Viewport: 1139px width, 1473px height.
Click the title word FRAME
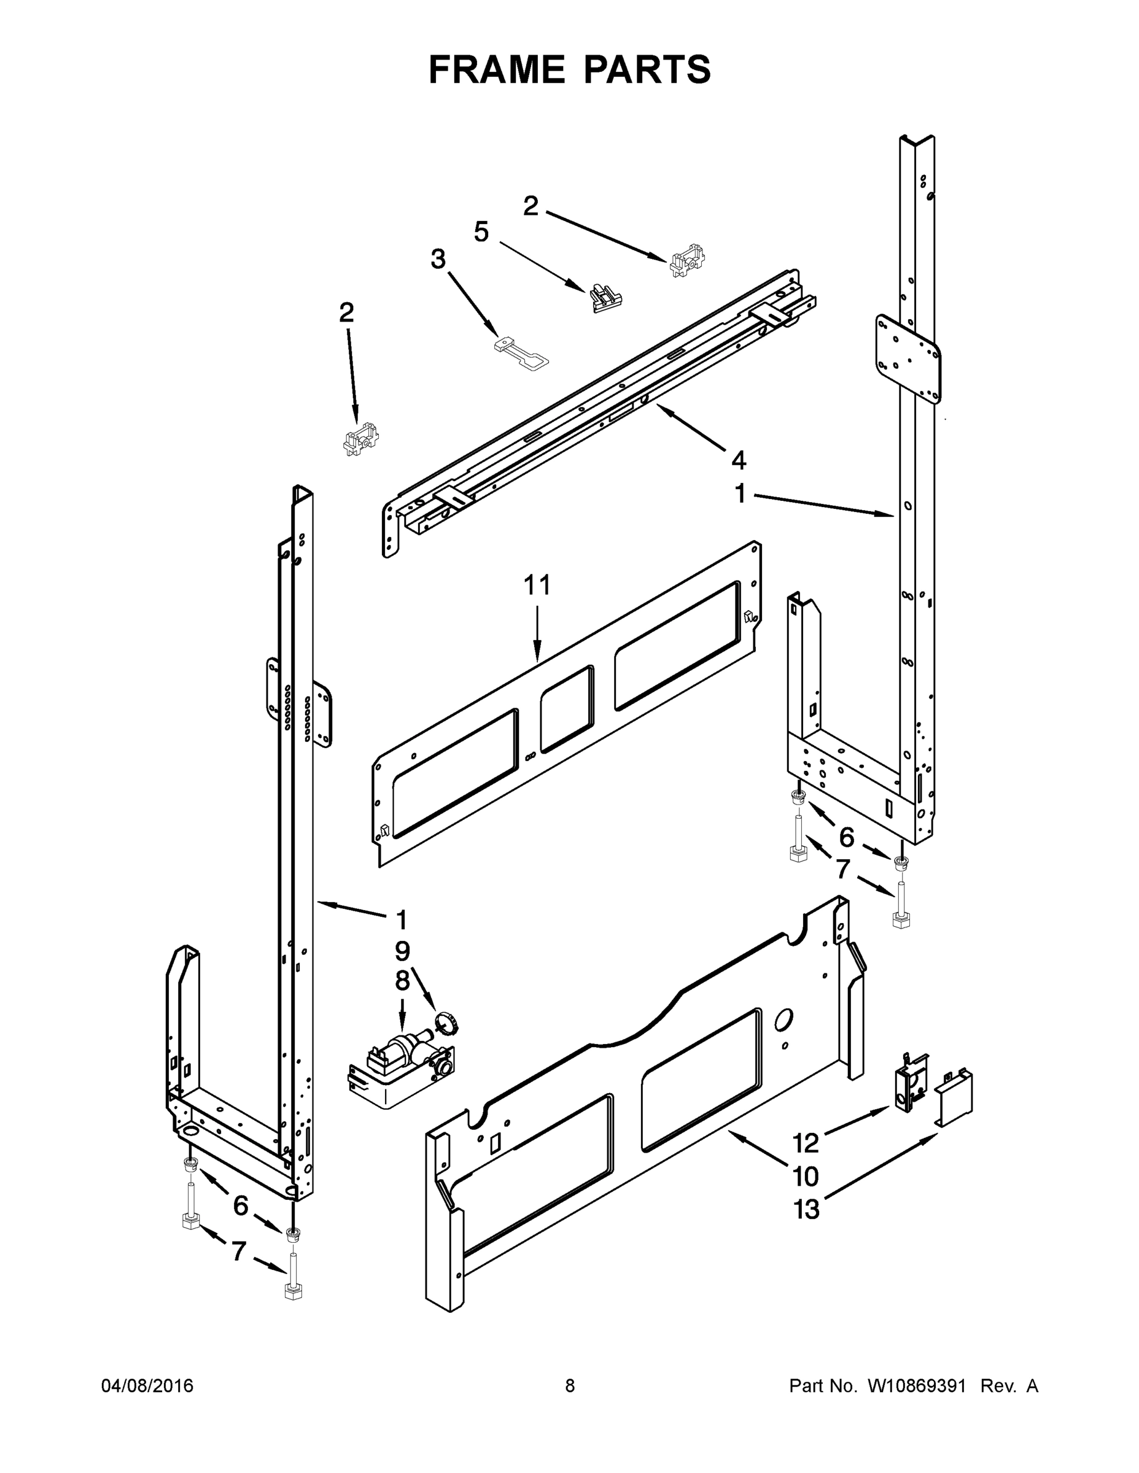pos(497,70)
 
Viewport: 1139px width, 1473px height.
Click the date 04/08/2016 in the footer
pos(147,1386)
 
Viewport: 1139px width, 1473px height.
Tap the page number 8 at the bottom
pos(570,1386)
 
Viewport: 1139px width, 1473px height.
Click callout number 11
pos(537,585)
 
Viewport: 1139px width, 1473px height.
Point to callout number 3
pos(438,259)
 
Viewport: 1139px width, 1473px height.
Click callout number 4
pos(739,461)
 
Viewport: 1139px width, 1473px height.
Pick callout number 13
pos(806,1209)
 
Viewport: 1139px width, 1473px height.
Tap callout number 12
pos(805,1143)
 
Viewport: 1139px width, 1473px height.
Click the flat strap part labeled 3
pos(521,353)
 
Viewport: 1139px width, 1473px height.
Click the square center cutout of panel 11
pos(567,709)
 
